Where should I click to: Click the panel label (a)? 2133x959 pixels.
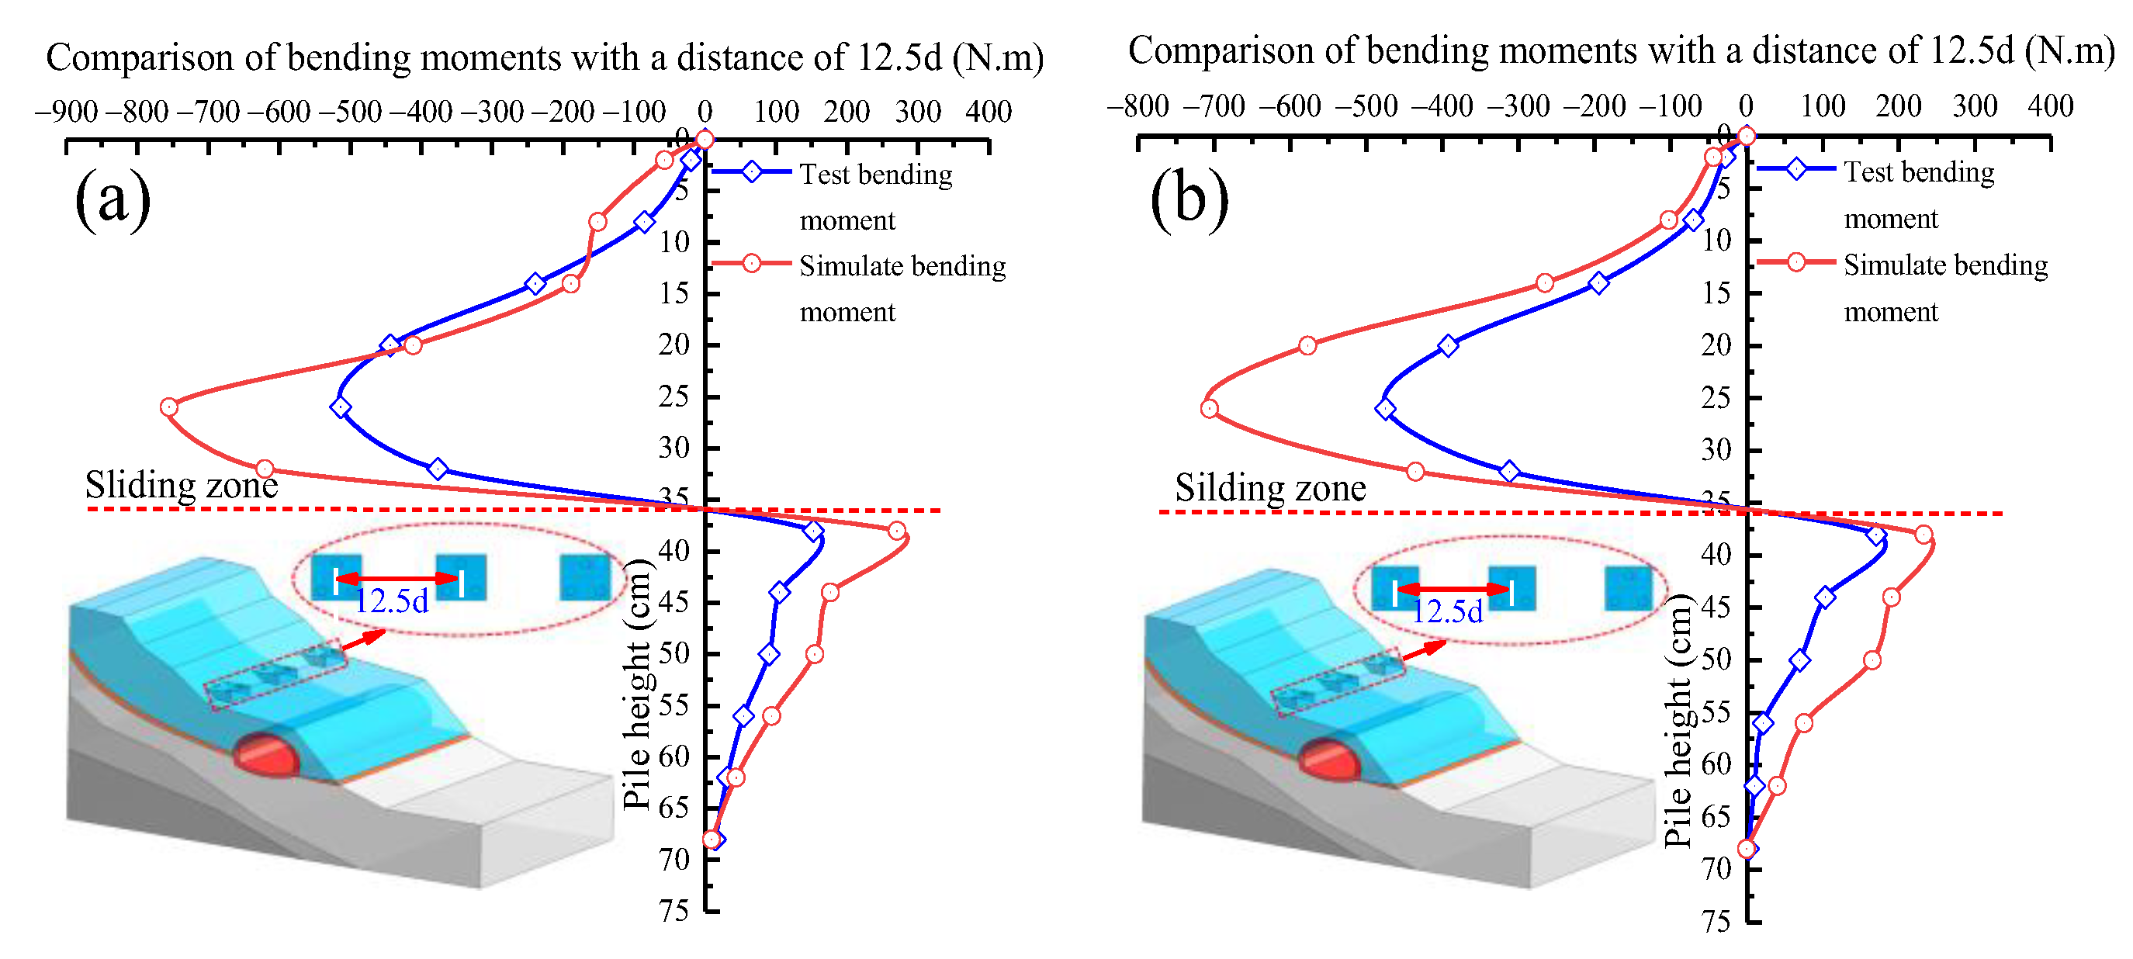(x=113, y=199)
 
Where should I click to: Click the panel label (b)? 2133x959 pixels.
(x=1189, y=199)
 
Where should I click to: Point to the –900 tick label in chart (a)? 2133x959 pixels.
(x=66, y=112)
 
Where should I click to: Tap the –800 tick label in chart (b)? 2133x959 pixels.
(x=1137, y=106)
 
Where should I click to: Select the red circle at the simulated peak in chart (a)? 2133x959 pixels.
(x=169, y=407)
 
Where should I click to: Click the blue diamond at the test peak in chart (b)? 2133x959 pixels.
(x=1384, y=408)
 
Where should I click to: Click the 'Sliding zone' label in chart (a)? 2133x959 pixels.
(x=182, y=484)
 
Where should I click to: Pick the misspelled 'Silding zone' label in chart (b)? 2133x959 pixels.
(x=1269, y=488)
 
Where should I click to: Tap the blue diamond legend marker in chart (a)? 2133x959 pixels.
(x=751, y=172)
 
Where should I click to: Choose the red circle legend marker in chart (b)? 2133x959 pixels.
(x=1795, y=262)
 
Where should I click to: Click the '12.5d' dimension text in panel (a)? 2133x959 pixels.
(x=391, y=602)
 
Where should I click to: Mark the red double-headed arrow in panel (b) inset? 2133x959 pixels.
(x=1453, y=589)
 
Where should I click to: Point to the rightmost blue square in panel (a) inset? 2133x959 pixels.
(x=584, y=577)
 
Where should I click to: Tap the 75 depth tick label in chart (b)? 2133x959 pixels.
(x=1716, y=922)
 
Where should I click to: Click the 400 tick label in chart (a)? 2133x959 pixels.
(x=988, y=112)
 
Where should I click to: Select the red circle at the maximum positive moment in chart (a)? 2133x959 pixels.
(x=897, y=531)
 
